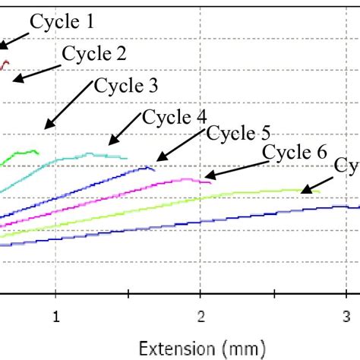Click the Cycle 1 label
tap(62, 23)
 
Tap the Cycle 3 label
tap(126, 85)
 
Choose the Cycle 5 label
tap(238, 134)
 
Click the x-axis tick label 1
tap(55, 314)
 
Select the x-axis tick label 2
tap(200, 314)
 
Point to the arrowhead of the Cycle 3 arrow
tap(45, 128)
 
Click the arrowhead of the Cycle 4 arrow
tap(109, 143)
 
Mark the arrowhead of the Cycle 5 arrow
tap(156, 161)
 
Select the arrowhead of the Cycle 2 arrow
tap(14, 79)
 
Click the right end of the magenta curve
tap(212, 181)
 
